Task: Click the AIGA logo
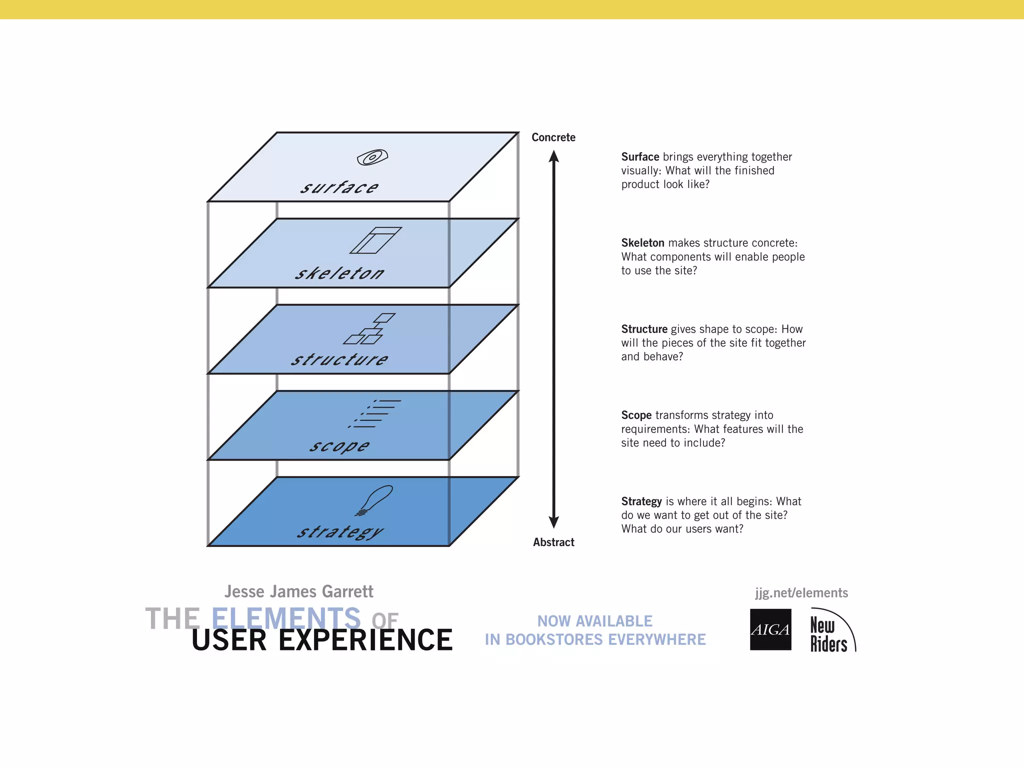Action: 770,629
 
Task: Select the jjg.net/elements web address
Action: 801,593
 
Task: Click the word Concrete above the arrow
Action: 553,137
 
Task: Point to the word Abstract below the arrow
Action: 553,542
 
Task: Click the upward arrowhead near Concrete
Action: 553,156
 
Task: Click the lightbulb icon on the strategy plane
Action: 374,500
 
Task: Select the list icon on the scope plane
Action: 375,413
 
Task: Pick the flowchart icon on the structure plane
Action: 369,329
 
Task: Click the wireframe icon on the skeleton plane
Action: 375,240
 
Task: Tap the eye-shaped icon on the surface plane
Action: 372,157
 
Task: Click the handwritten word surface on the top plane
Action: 339,187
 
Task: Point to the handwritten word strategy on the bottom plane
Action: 340,532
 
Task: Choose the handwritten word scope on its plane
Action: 339,445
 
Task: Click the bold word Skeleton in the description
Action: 642,243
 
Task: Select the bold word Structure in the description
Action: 644,329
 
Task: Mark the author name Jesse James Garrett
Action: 298,591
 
